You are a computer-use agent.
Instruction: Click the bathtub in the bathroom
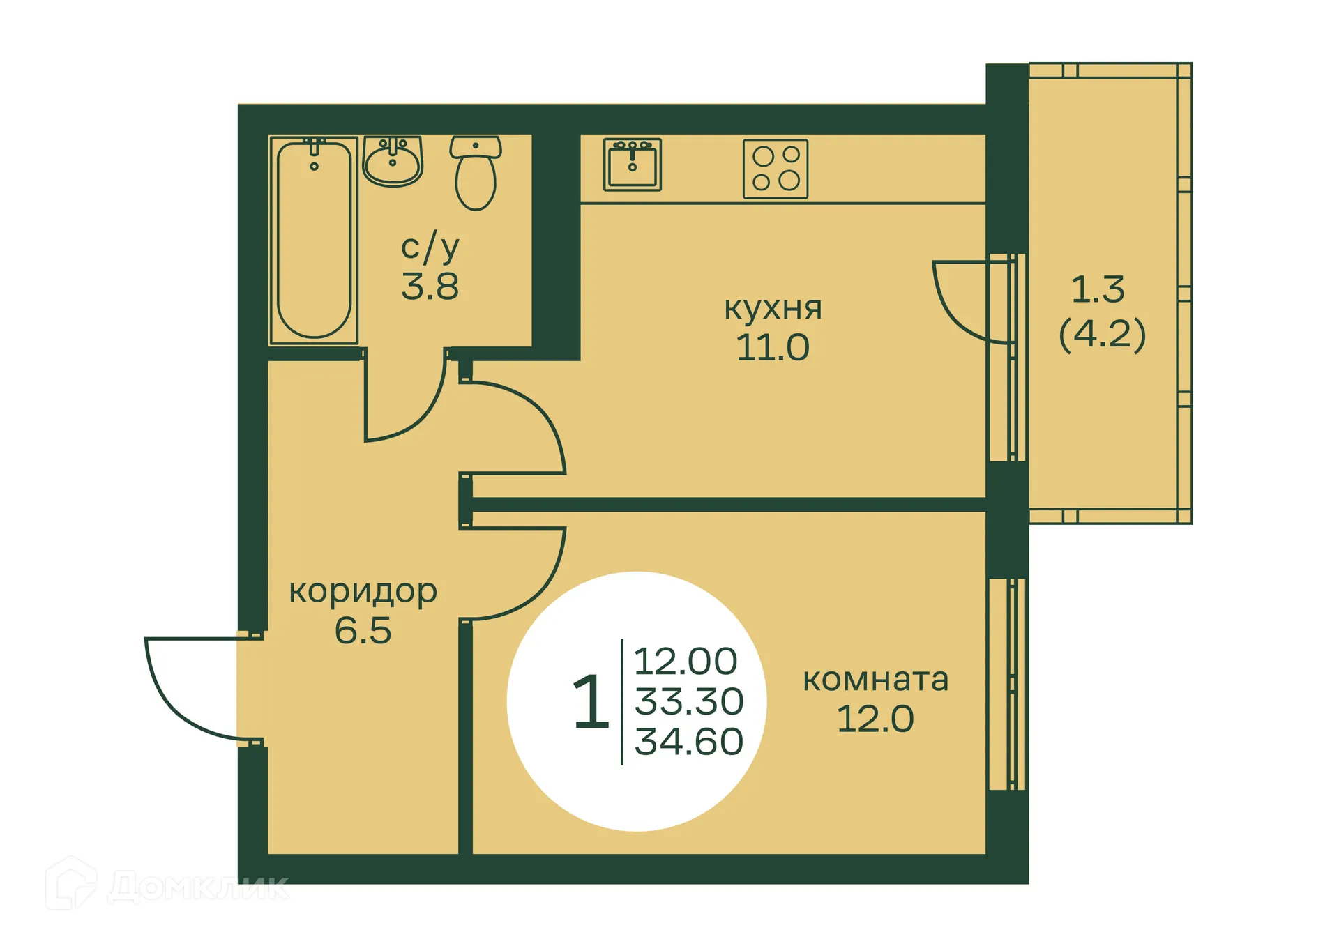tap(314, 239)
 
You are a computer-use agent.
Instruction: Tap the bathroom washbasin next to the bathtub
tap(393, 161)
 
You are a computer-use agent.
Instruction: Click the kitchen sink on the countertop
tap(632, 165)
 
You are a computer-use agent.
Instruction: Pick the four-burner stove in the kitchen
tap(776, 169)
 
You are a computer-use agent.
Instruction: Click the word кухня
tap(773, 308)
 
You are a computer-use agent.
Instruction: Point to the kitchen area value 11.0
tap(773, 347)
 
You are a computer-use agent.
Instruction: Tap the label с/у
tap(430, 247)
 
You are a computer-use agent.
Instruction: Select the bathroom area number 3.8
tap(430, 286)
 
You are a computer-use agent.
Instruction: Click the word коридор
tap(363, 591)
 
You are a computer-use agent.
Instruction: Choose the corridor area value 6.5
tap(363, 630)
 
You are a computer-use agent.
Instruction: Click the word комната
tap(875, 679)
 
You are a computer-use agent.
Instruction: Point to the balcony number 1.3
tap(1098, 289)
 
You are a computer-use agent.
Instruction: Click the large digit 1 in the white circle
tap(590, 702)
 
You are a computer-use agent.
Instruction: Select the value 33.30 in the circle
tap(688, 701)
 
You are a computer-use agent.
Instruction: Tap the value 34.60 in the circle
tap(688, 741)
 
